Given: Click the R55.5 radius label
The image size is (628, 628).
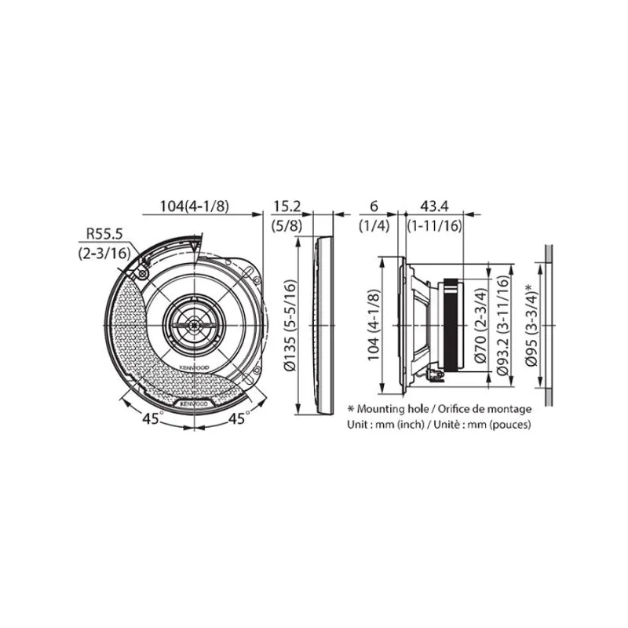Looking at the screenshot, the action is point(104,233).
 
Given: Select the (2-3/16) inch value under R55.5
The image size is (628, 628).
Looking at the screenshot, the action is point(104,253).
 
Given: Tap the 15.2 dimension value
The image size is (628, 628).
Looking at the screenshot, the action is point(287,206).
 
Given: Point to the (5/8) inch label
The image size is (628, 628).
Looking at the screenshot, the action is point(287,225).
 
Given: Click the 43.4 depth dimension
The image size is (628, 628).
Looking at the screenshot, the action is point(434,206).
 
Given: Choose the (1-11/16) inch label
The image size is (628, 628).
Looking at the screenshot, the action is point(435,225).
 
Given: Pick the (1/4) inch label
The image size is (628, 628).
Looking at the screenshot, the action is point(374,225).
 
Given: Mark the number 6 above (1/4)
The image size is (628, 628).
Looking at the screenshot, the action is point(374,206).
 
